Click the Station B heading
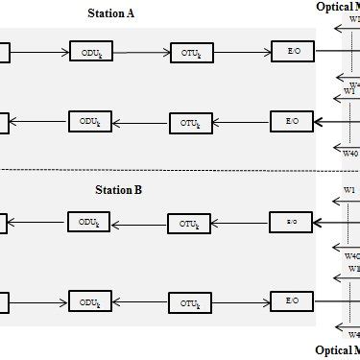point(119,190)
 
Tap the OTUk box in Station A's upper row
point(190,52)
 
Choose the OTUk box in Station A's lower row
point(190,122)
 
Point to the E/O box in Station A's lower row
point(291,122)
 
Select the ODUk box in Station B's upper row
point(90,223)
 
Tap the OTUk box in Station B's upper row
point(189,224)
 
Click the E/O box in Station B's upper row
point(291,223)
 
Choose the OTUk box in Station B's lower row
point(189,302)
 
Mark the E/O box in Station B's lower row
point(292,301)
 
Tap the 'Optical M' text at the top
point(338,7)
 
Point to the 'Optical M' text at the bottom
point(338,351)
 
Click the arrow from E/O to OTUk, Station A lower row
point(241,122)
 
